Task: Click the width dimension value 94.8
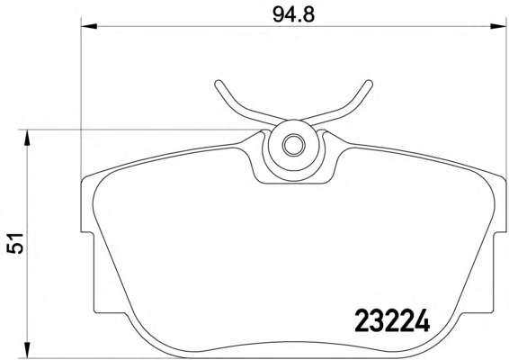click(293, 14)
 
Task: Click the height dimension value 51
click(15, 243)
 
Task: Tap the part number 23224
click(392, 320)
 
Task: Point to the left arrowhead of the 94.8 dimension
click(89, 26)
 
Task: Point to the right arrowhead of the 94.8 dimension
click(498, 26)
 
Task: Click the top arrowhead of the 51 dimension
click(27, 138)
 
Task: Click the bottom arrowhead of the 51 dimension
click(27, 350)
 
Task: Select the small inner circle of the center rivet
click(293, 145)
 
